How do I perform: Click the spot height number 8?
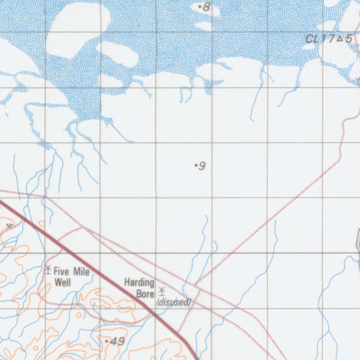coord(206,6)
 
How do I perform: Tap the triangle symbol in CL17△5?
coord(340,39)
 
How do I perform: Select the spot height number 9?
coord(202,166)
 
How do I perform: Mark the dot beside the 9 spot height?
coord(196,165)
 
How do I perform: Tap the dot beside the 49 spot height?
coord(107,341)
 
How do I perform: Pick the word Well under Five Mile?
coord(63,282)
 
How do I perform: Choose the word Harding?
coord(139,282)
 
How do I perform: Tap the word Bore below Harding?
coord(145,294)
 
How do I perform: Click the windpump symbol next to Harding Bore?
coord(162,291)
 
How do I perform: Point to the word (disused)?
coord(174,302)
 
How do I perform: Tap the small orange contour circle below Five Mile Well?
coord(79,314)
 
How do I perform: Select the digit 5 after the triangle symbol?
coord(348,39)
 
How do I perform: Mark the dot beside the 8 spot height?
coord(200,6)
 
